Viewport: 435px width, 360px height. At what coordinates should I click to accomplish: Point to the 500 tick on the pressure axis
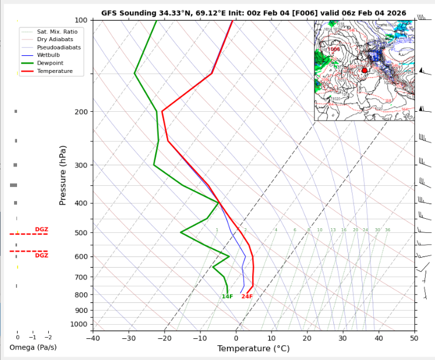[x=81, y=233]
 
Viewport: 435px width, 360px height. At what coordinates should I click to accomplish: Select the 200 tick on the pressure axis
[x=81, y=112]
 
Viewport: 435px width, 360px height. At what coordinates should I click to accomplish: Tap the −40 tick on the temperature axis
[x=93, y=338]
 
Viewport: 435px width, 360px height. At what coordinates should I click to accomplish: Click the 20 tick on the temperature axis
[x=307, y=338]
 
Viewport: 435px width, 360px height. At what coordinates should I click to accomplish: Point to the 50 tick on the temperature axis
[x=414, y=338]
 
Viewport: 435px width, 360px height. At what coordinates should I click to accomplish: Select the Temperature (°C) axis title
[x=253, y=349]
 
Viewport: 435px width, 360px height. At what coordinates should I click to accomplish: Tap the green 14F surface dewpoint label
[x=227, y=296]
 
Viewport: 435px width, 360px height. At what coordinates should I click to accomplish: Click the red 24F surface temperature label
[x=247, y=296]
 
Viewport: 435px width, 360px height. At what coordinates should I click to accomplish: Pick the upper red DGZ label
[x=41, y=229]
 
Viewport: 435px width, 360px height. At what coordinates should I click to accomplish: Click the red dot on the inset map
[x=364, y=70]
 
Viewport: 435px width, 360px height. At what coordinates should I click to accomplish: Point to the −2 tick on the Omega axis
[x=48, y=337]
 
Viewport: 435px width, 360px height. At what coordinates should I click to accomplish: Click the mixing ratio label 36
[x=387, y=230]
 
